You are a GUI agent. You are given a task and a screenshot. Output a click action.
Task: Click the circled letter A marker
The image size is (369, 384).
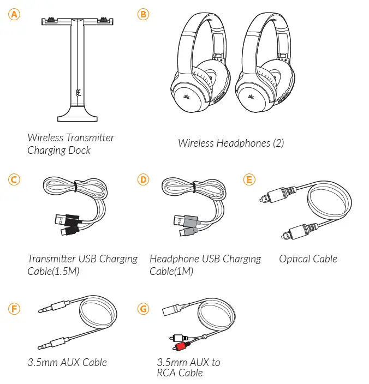coord(14,14)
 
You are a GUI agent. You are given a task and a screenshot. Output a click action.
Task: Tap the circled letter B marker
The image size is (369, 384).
coord(143,14)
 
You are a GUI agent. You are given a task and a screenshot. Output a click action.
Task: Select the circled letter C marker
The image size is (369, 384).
coord(14,179)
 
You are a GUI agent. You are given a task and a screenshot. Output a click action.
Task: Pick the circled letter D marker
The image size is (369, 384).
coord(143,179)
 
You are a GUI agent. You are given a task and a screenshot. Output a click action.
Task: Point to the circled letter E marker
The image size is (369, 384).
coord(249,179)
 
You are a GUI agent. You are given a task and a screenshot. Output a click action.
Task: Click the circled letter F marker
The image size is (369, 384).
coord(14,309)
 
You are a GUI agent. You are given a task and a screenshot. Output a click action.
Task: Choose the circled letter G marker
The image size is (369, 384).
coord(143,309)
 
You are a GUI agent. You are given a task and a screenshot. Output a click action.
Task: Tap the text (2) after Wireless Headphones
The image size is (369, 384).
coord(278,143)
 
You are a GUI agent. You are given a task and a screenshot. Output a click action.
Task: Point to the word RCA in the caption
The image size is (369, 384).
coord(168,373)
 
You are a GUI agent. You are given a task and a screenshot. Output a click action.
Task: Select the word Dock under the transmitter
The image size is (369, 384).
coord(79,150)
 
